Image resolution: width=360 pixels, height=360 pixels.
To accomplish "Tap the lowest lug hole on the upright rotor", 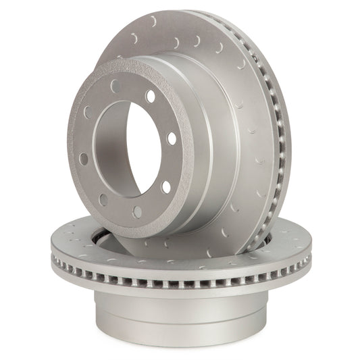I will point(138,211).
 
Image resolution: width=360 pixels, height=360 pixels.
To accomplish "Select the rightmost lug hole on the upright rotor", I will point(172,138).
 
